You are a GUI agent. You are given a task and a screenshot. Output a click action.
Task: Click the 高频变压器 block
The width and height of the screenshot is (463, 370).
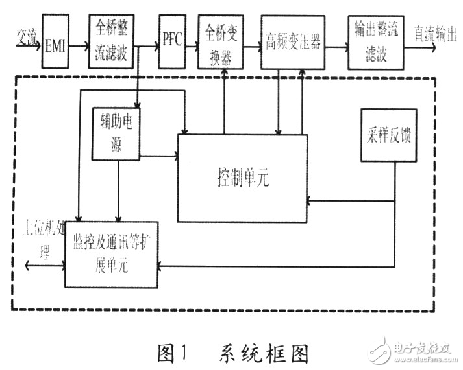[293, 41]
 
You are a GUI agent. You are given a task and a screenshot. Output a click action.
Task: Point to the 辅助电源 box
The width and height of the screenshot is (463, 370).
[116, 132]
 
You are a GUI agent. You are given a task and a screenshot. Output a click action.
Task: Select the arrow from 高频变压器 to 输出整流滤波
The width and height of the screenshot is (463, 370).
[336, 46]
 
